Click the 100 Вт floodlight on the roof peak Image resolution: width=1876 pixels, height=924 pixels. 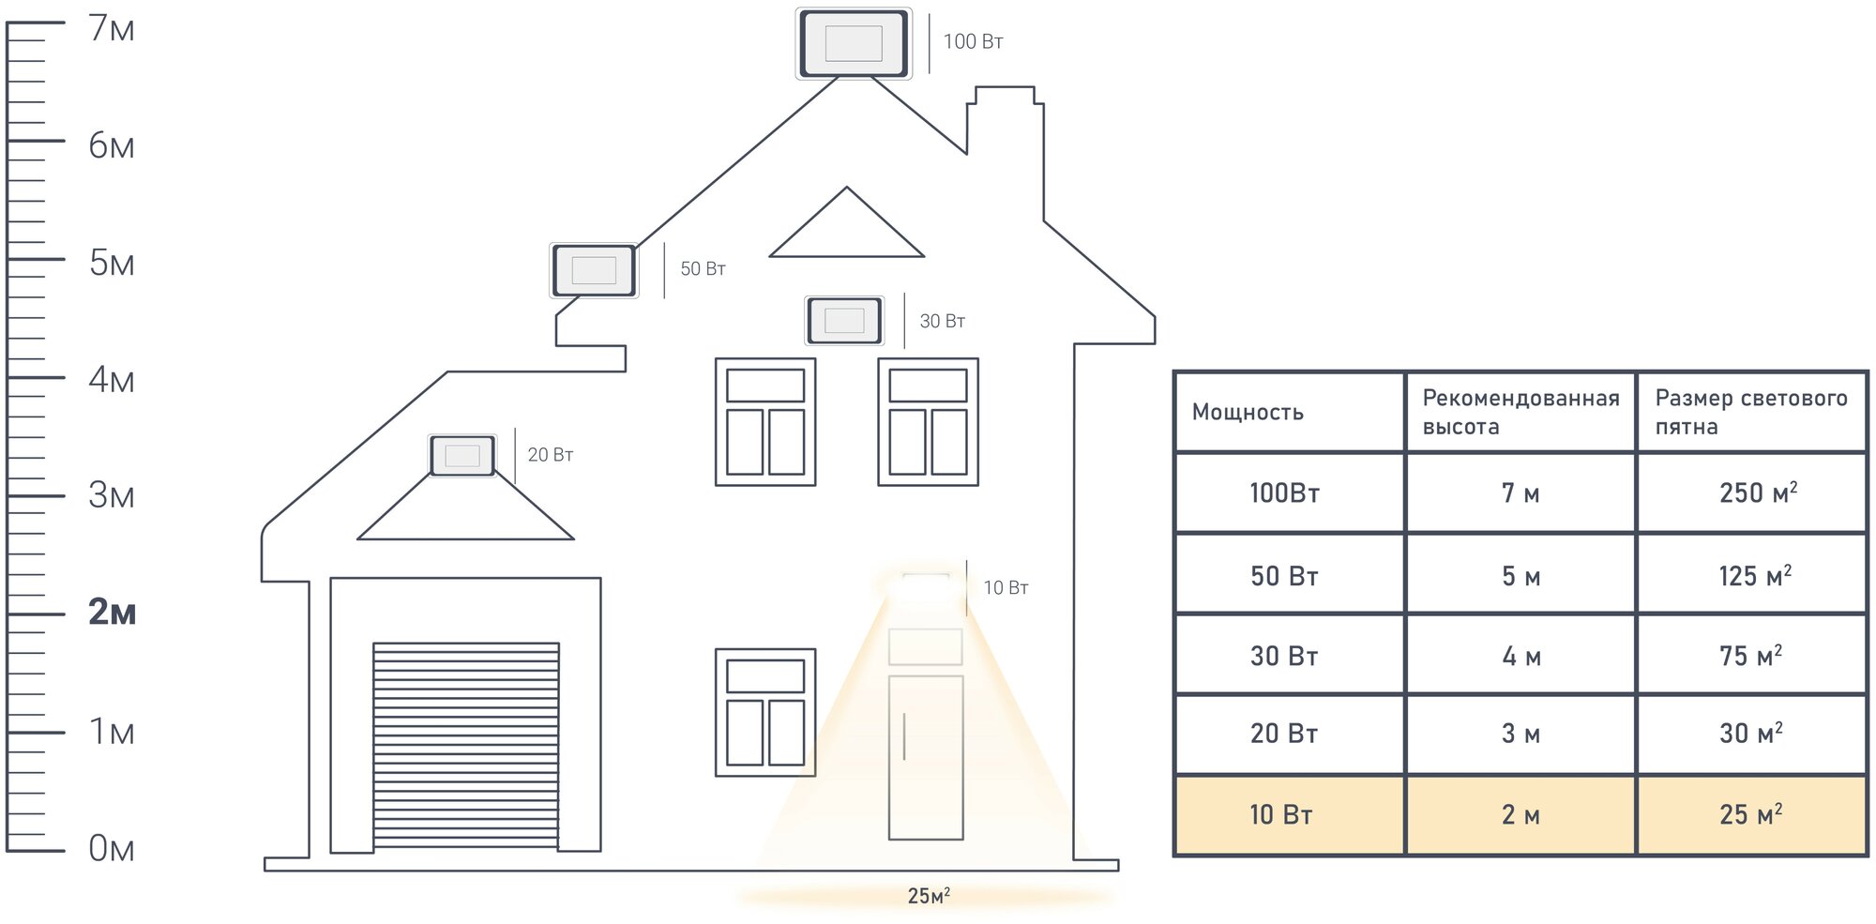(853, 43)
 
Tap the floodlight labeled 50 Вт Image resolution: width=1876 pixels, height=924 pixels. (594, 270)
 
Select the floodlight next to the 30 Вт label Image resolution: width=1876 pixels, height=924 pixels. (844, 320)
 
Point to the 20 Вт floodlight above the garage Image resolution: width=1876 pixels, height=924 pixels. (462, 456)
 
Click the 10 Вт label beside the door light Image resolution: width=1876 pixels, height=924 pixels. (1006, 588)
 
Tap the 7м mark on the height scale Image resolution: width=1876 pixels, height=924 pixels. (112, 29)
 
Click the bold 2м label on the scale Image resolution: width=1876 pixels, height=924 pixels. (112, 613)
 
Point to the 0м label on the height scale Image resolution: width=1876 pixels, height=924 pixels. (112, 849)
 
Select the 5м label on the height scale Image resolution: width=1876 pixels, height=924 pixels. (112, 264)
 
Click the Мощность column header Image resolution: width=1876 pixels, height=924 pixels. (1248, 413)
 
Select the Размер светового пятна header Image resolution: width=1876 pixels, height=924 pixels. (1750, 412)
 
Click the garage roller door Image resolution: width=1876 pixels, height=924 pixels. (465, 745)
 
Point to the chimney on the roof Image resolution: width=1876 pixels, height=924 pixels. (1006, 122)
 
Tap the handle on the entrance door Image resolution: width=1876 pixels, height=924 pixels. (904, 736)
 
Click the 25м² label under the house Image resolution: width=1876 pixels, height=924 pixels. (928, 896)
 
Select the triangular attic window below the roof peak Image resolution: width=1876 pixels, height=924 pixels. (846, 230)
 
